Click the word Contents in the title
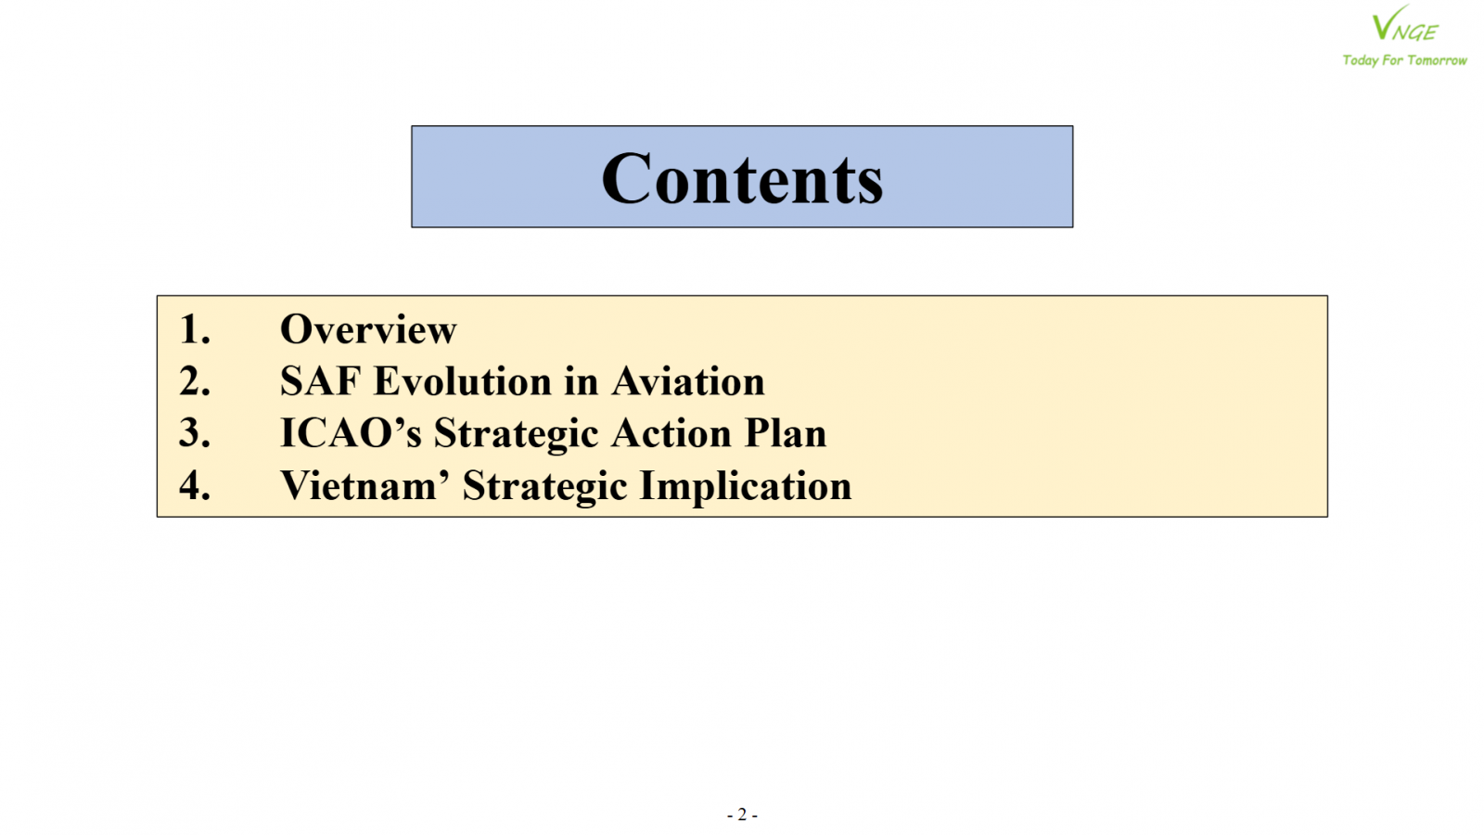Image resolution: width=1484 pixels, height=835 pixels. (742, 178)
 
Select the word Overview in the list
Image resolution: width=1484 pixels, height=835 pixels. (368, 329)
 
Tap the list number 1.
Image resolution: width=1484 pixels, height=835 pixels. (195, 329)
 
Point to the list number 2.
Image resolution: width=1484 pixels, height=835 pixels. (195, 381)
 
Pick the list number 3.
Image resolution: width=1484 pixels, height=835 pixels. (195, 432)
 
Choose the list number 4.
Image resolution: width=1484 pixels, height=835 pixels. (195, 485)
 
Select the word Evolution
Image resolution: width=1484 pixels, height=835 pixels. (463, 381)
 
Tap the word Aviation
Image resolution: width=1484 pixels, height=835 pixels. (687, 381)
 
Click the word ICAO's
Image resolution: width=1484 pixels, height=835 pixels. (352, 432)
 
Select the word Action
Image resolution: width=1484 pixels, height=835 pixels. (672, 432)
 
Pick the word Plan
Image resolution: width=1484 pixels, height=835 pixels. (786, 432)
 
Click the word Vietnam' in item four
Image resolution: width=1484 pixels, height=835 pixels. (365, 485)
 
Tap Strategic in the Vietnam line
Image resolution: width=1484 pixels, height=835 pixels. (544, 487)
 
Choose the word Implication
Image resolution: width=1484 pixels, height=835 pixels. (746, 487)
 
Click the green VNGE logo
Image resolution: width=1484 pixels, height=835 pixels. (1404, 24)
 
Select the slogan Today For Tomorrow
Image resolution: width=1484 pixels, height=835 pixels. (1404, 60)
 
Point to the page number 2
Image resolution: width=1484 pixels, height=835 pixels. (742, 814)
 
